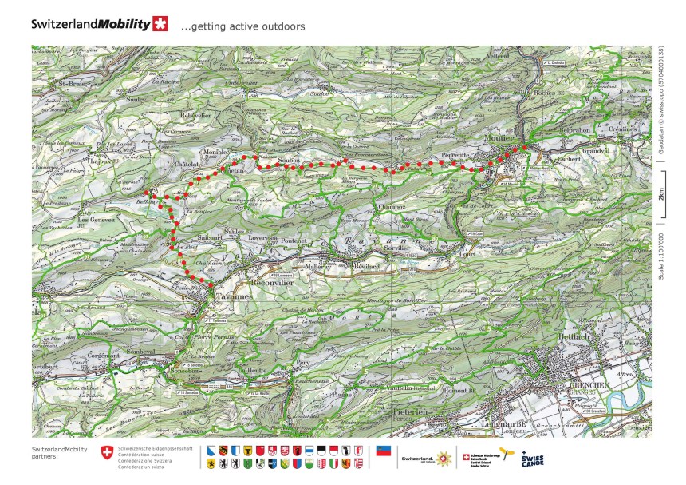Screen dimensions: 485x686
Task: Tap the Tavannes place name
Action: point(230,294)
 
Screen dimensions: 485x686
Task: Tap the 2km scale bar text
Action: point(660,195)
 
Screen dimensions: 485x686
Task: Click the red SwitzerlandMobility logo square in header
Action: point(160,23)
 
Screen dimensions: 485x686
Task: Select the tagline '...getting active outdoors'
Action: point(242,26)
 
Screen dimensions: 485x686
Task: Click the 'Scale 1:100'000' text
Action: point(660,252)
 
